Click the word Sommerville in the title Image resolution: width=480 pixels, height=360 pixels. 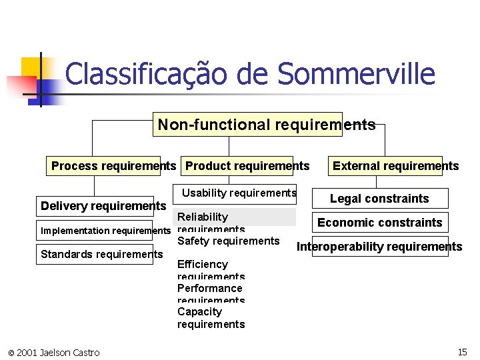click(x=356, y=74)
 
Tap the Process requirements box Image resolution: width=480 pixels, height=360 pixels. click(x=113, y=166)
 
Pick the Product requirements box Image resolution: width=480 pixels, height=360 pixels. click(x=247, y=166)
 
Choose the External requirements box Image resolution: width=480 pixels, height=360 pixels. click(x=395, y=166)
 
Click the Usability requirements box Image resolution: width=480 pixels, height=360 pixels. click(x=239, y=193)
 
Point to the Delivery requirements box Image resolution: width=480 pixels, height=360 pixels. click(x=103, y=206)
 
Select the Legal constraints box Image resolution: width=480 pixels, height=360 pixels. click(x=379, y=199)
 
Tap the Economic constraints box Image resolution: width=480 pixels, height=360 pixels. click(x=379, y=223)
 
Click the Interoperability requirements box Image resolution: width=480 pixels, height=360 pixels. click(x=379, y=247)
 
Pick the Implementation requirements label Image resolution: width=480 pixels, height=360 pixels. click(x=106, y=231)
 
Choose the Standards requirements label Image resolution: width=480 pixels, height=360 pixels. click(x=101, y=254)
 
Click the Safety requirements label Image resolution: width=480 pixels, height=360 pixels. click(x=228, y=241)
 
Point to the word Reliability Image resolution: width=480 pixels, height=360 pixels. click(x=203, y=217)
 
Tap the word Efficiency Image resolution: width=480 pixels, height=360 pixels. click(x=203, y=264)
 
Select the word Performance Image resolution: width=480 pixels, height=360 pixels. click(x=209, y=288)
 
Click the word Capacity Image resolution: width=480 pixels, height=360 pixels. click(x=199, y=311)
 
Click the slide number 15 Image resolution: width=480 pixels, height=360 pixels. click(x=462, y=352)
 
